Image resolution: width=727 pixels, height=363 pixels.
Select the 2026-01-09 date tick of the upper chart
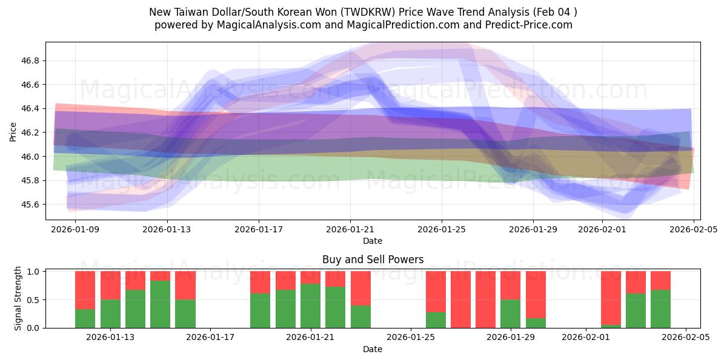point(76,229)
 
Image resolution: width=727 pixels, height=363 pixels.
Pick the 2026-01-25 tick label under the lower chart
point(411,338)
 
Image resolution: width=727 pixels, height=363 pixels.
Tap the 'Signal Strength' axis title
point(18,298)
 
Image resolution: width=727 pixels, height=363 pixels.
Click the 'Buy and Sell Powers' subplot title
point(373,260)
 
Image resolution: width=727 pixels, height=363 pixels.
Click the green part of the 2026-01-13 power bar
point(110,313)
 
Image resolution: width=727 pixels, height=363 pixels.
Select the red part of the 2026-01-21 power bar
point(311,277)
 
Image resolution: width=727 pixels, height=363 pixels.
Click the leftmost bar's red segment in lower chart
point(85,290)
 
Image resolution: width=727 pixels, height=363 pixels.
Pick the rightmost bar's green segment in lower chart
point(660,309)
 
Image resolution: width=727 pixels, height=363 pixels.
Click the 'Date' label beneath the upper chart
point(373,241)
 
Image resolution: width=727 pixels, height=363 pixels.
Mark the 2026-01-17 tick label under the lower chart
point(210,338)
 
